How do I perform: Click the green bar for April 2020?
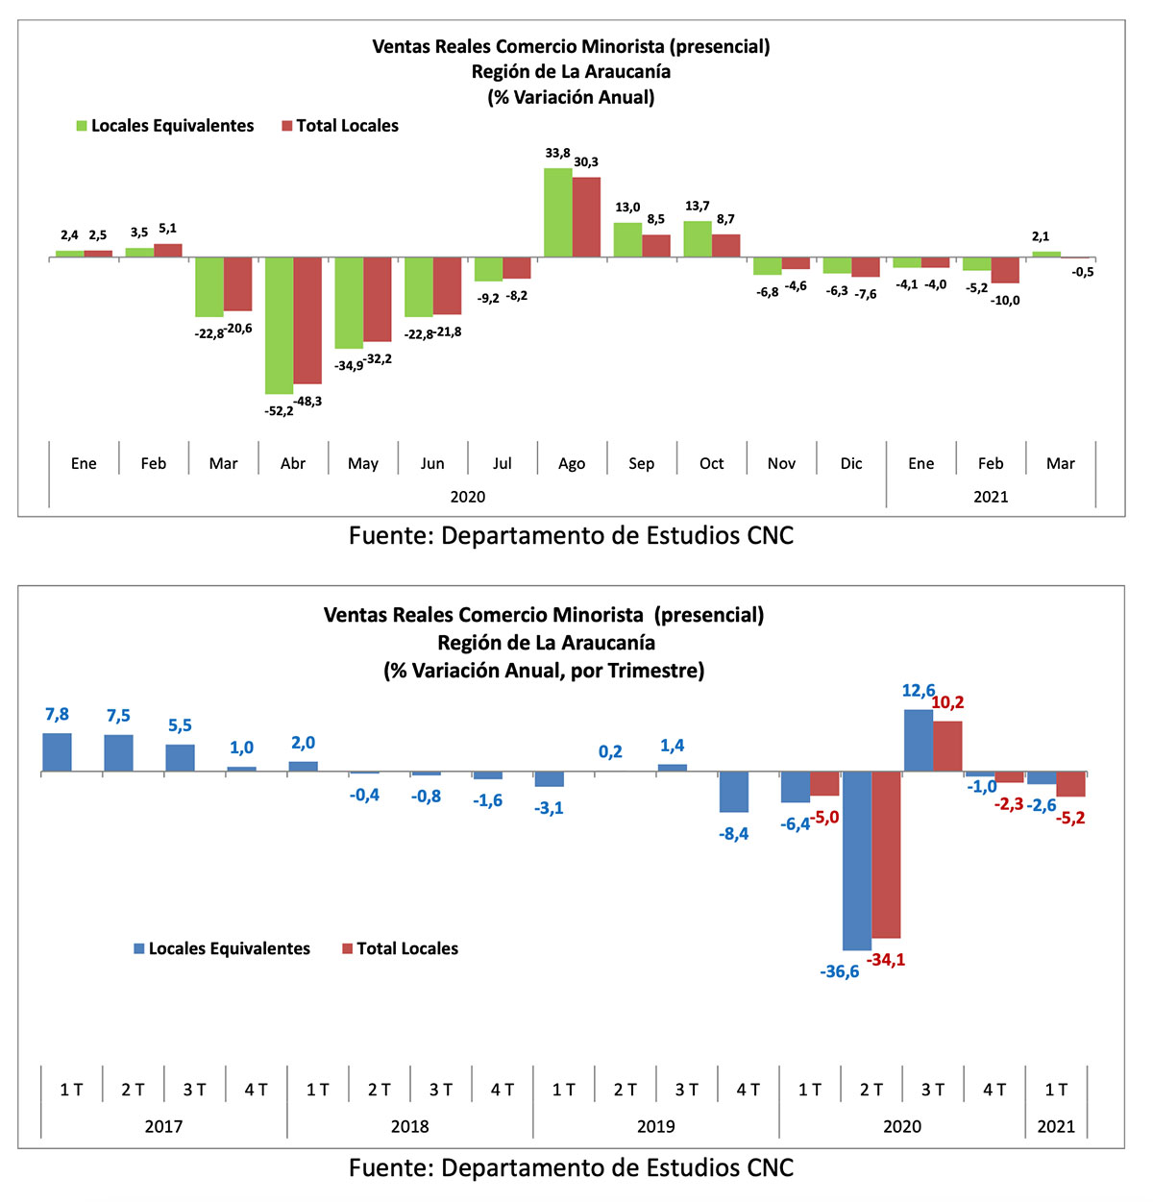(280, 326)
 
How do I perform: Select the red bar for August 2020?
(586, 217)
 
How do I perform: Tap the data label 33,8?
(557, 153)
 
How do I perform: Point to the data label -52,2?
(280, 411)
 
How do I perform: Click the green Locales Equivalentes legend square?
(82, 126)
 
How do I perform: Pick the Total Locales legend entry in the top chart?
(340, 126)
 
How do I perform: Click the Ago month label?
(572, 463)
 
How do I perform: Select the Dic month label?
(851, 463)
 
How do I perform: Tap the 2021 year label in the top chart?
(991, 497)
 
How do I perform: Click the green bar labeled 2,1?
(1046, 255)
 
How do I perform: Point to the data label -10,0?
(1005, 301)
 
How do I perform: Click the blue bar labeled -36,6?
(857, 861)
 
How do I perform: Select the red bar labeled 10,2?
(947, 747)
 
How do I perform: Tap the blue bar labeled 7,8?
(57, 752)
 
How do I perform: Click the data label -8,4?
(734, 834)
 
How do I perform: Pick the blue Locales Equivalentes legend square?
(139, 948)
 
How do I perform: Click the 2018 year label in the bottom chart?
(409, 1126)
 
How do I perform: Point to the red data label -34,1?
(886, 960)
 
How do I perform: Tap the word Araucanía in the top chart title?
(627, 72)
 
